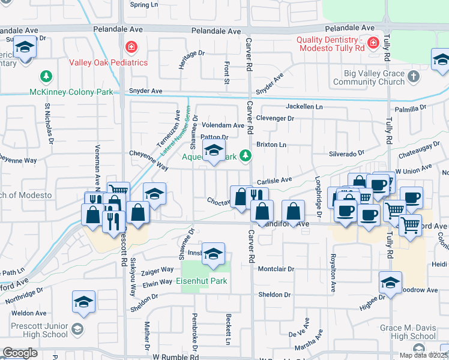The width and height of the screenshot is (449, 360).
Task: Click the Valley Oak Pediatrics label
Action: [108, 62]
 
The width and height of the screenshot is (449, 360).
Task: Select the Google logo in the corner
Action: [20, 353]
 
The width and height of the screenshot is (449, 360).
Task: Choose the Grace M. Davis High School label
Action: [408, 332]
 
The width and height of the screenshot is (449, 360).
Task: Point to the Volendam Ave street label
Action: [223, 126]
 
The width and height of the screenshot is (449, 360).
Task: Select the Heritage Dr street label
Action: [191, 59]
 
